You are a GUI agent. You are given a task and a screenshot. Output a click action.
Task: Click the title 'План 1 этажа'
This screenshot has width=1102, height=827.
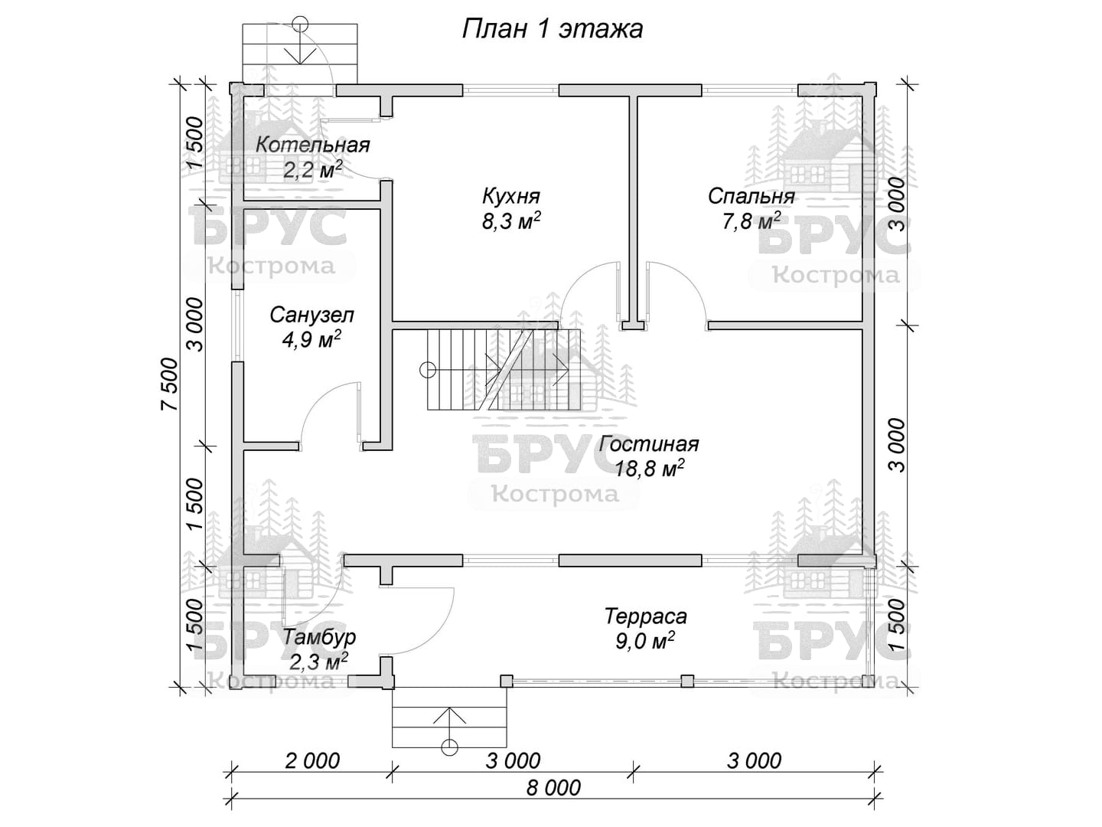point(552,30)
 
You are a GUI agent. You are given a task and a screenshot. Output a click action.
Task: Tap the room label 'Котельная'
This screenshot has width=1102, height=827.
point(312,145)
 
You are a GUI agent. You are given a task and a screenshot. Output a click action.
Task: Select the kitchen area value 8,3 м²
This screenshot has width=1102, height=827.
point(511,221)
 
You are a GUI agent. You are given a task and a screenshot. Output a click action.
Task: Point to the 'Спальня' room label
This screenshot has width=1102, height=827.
point(751,197)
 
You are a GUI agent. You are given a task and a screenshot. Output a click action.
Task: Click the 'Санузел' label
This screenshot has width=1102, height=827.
point(311,315)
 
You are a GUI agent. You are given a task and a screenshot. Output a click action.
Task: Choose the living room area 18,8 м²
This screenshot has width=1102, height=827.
point(649,469)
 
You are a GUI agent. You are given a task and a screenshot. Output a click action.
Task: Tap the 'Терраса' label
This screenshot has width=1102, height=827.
point(645,616)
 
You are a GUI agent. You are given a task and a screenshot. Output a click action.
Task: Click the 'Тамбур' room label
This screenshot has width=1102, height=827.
point(319,638)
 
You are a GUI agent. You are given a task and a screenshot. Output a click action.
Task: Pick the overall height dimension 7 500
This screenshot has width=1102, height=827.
point(170,384)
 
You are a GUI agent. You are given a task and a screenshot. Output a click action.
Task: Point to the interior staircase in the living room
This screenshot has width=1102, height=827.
point(504,370)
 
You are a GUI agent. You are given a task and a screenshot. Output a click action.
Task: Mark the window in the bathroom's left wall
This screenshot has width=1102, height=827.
point(237,325)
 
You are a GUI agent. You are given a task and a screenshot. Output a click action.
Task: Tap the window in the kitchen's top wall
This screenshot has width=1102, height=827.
point(510,90)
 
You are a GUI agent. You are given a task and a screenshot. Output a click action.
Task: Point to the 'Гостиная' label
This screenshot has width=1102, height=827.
point(649,444)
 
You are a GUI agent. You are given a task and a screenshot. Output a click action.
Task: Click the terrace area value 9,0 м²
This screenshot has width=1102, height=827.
point(644,641)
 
